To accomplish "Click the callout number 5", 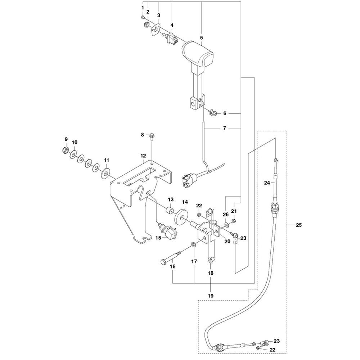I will (x=201, y=37).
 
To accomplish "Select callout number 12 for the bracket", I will (x=143, y=156).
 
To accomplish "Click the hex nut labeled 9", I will (x=66, y=149).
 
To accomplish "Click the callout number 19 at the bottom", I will (x=211, y=296).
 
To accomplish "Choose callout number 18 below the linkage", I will (x=211, y=273).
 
